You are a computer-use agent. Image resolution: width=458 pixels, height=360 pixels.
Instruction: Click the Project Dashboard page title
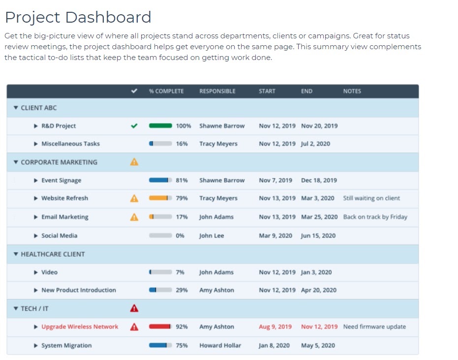(78, 17)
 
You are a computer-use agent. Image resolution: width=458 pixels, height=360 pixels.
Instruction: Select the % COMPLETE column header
(166, 91)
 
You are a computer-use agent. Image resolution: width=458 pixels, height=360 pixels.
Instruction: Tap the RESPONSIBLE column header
(217, 91)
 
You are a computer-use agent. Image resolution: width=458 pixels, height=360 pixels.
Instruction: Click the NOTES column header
(352, 91)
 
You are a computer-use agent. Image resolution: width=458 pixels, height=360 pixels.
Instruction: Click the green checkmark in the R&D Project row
(134, 126)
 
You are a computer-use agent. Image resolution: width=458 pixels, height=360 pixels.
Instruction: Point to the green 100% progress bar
(160, 126)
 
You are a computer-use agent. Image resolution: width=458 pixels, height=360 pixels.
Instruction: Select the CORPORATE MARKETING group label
(59, 162)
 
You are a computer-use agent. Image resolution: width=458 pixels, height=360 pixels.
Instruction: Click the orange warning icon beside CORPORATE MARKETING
(134, 162)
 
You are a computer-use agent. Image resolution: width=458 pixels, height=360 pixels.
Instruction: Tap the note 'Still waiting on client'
(371, 198)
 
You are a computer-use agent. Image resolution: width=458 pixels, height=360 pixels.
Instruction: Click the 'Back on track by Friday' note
(375, 217)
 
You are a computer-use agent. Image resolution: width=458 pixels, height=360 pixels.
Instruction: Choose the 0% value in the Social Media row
(180, 236)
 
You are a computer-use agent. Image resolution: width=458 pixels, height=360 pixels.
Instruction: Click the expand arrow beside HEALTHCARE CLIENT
(16, 254)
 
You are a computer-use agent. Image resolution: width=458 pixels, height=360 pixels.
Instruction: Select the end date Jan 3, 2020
(316, 272)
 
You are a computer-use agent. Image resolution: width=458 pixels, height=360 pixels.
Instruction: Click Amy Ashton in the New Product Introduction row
(216, 290)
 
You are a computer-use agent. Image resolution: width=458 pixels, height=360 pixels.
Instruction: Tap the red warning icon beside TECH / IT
(134, 308)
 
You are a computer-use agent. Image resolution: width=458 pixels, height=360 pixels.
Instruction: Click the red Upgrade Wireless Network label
(80, 327)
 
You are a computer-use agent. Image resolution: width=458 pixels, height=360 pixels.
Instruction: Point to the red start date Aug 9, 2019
(275, 327)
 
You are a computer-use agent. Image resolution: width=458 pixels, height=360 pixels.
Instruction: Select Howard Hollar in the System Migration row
(220, 346)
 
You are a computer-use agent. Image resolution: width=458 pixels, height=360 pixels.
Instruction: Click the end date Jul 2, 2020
(315, 144)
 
